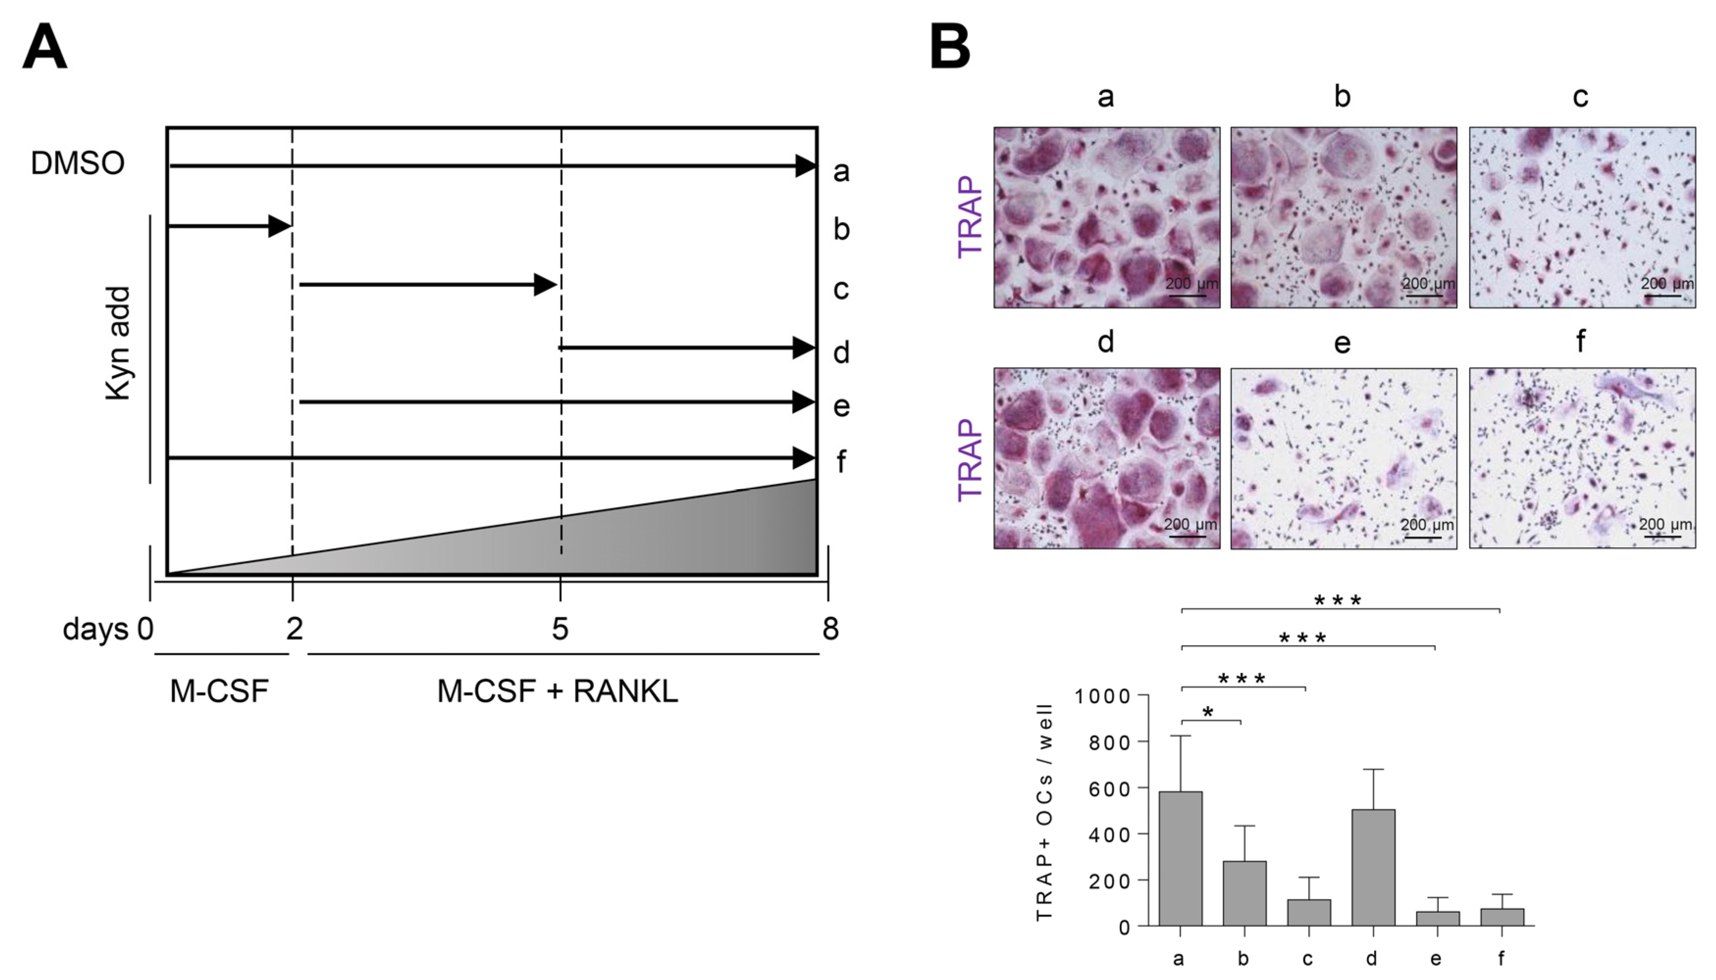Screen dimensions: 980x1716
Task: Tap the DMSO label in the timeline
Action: (x=78, y=163)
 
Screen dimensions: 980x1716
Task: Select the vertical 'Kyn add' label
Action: (x=118, y=343)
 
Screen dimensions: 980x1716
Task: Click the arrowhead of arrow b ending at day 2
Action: (x=279, y=226)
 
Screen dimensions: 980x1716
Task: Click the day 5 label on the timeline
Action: (x=560, y=629)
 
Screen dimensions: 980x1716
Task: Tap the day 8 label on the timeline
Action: (x=830, y=629)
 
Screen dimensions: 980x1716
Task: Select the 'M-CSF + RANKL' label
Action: (x=557, y=691)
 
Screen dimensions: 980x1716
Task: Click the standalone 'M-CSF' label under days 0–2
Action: (x=219, y=691)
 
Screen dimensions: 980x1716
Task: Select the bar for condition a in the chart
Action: (x=1180, y=858)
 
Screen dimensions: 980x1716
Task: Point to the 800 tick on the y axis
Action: (x=1110, y=741)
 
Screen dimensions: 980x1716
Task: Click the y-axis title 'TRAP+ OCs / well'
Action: (x=1044, y=811)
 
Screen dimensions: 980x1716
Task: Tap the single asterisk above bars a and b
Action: (x=1208, y=712)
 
